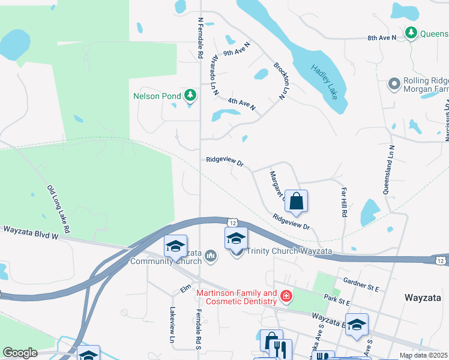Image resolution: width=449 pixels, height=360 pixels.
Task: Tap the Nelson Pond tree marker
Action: coord(190,95)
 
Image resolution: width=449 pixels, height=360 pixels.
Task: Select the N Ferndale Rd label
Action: coord(199,37)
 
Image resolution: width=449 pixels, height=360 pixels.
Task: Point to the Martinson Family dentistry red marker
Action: coord(286,296)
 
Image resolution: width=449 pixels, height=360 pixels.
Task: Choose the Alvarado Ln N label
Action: coord(213,76)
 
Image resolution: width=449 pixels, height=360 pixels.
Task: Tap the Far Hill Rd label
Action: coord(344,202)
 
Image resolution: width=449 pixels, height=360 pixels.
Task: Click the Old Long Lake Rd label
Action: coord(59,209)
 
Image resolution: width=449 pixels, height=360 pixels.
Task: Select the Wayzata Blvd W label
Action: coord(30,232)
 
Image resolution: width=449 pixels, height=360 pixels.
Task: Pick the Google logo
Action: coord(20,353)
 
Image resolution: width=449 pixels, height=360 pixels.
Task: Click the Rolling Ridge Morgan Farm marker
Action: coord(394,83)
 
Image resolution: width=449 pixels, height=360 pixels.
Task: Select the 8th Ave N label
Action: coord(382,38)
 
